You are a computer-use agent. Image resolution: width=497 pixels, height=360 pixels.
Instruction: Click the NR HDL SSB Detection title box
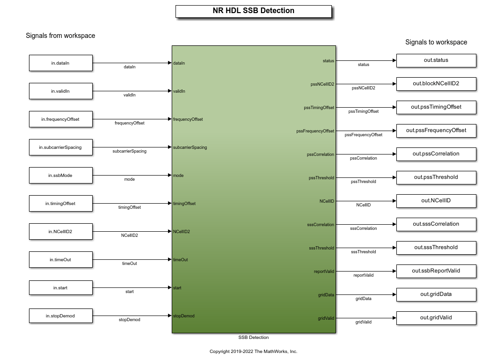click(254, 11)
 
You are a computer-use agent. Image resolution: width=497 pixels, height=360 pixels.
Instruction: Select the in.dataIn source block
click(61, 63)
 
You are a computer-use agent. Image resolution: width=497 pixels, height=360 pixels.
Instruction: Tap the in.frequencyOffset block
click(61, 119)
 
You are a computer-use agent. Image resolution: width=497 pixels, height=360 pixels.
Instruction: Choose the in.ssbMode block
click(61, 175)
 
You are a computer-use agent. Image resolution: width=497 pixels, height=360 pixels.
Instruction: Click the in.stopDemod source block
click(61, 316)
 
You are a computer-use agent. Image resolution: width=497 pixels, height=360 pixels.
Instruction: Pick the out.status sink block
click(436, 60)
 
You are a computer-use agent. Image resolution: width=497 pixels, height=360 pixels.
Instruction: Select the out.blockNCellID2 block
click(436, 84)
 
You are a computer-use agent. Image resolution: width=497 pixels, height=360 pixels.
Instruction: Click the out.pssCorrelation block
click(436, 154)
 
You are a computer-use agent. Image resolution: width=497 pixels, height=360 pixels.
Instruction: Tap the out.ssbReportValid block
click(436, 271)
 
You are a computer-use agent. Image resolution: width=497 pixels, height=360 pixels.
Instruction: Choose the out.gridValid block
click(436, 318)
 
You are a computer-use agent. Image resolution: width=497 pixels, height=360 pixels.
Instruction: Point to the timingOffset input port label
click(184, 204)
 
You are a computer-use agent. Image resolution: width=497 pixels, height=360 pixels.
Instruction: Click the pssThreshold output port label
click(322, 178)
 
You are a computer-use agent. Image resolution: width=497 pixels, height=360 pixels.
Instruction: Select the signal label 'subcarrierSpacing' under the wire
click(129, 151)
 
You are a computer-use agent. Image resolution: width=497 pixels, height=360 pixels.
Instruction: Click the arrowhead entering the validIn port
click(170, 91)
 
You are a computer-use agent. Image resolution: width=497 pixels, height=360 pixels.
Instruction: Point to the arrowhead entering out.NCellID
click(395, 201)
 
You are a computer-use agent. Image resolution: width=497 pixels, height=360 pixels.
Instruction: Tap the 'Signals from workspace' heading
click(60, 36)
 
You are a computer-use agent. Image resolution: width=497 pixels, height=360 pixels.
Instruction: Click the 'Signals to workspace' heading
click(436, 42)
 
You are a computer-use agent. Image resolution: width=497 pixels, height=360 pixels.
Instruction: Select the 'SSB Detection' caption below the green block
click(254, 338)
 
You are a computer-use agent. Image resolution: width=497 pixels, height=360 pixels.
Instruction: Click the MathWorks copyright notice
click(253, 352)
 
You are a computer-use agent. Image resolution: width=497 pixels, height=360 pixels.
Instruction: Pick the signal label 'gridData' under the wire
click(363, 299)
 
